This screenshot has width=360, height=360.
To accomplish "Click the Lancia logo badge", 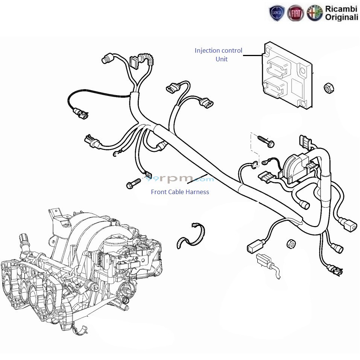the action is (277, 14).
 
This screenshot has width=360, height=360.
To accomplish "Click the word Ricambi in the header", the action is (342, 9).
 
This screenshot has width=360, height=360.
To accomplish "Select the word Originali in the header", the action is (342, 17).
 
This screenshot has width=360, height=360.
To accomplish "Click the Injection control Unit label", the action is (219, 55).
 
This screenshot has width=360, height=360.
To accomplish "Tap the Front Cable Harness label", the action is (180, 192).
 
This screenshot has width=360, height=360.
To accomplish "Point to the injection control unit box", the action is (288, 74).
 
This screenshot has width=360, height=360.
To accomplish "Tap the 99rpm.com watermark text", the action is (179, 178).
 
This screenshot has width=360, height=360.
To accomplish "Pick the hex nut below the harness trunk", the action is (291, 244).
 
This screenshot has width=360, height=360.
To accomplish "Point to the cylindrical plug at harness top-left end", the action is (106, 59).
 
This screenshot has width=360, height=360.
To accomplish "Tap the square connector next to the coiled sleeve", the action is (135, 62).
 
